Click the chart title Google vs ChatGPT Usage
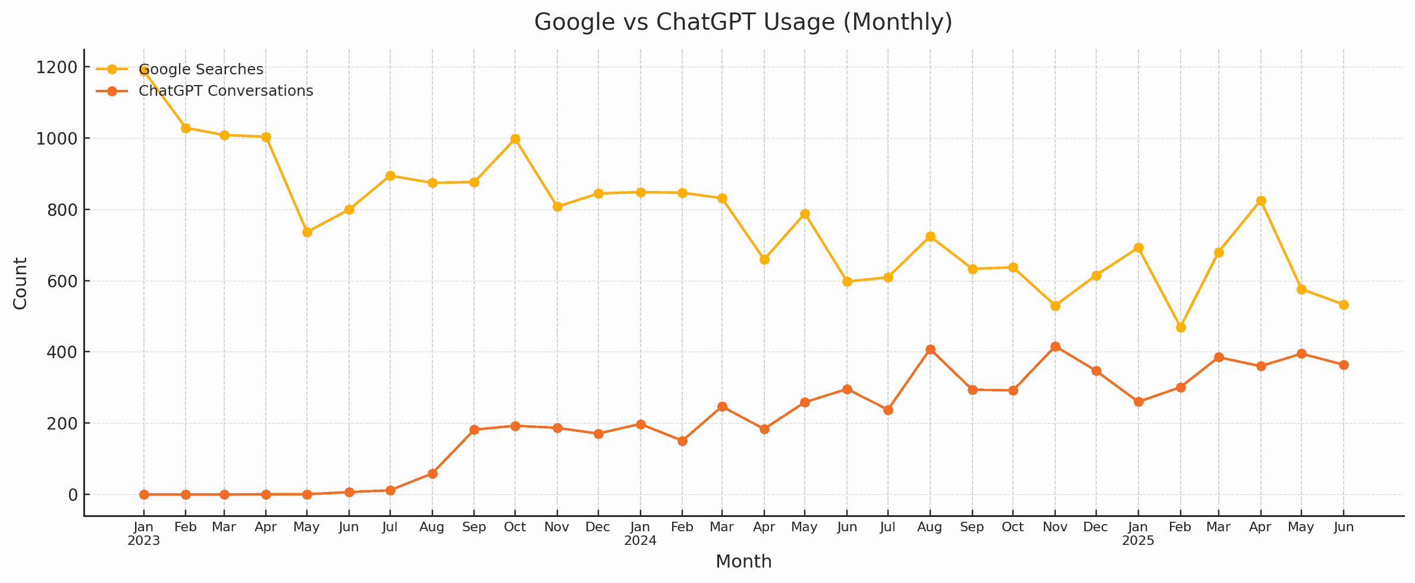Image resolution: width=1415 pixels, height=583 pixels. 743,23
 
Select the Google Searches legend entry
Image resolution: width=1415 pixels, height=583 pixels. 200,70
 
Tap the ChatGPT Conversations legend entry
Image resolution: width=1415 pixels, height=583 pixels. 225,91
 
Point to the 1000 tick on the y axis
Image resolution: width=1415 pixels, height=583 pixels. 56,139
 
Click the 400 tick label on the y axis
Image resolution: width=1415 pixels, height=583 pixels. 62,352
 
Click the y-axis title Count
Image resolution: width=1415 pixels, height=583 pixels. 21,283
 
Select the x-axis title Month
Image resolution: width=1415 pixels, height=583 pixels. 743,562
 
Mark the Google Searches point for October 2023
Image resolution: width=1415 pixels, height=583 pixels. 515,139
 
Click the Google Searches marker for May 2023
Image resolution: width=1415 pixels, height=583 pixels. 307,232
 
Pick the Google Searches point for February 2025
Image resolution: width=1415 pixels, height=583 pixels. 1181,327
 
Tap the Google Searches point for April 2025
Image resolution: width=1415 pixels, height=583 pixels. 1261,201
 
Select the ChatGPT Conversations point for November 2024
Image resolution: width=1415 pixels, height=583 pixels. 1055,347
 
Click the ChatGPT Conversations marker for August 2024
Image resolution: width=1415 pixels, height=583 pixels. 930,350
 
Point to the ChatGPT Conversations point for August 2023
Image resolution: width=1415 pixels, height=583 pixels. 432,474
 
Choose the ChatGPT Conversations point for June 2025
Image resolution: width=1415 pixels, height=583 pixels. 1344,365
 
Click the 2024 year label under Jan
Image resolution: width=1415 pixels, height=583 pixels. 640,541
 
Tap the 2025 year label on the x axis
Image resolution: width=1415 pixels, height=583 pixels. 1138,541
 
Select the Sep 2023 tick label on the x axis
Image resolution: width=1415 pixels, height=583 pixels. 474,528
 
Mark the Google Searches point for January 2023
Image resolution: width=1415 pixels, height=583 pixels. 144,70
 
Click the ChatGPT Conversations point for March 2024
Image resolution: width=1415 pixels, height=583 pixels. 722,407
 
